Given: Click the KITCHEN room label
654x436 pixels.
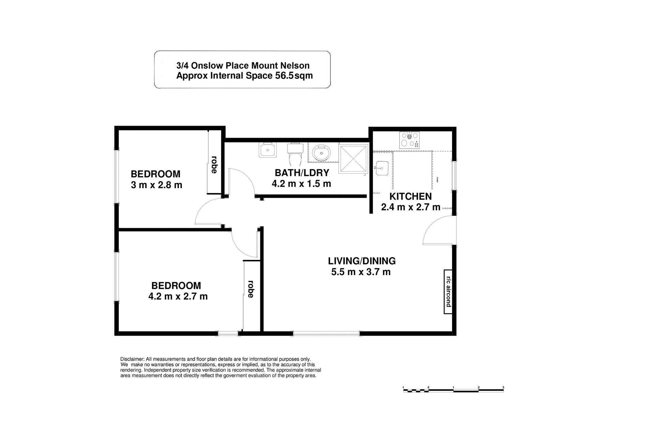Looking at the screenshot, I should tap(410, 197).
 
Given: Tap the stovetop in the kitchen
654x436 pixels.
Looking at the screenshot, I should tap(409, 140).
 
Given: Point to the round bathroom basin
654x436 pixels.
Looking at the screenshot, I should tap(321, 153).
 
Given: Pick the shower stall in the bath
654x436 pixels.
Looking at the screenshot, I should tap(353, 158).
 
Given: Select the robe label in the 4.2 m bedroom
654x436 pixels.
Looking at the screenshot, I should tap(251, 289).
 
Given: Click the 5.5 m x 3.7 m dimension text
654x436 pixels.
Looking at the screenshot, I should tap(361, 272).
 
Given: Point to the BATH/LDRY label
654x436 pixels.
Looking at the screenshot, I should tap(302, 173).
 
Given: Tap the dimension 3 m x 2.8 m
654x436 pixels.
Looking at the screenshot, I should tap(156, 185).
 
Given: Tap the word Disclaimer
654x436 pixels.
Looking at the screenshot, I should tap(132, 359).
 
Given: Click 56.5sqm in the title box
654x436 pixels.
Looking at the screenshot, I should tap(294, 76).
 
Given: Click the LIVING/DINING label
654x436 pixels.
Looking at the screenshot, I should tap(362, 261).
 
